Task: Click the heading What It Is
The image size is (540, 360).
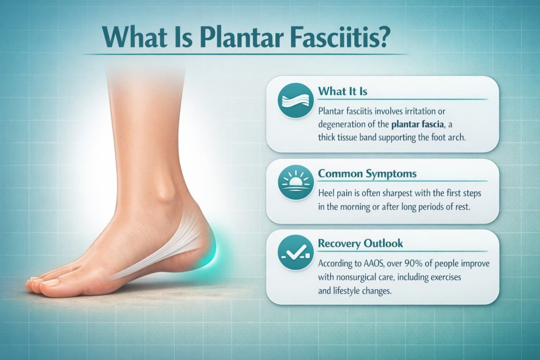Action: coord(342,91)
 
